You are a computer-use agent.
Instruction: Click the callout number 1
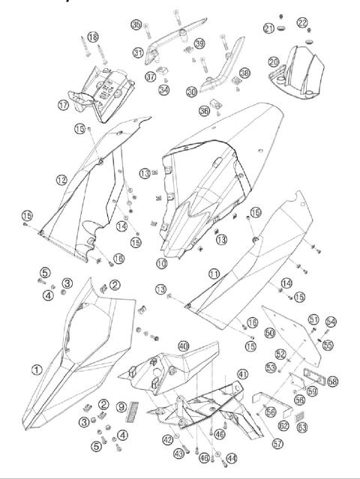35,369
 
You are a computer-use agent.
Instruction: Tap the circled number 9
122,408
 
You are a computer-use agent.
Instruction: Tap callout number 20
274,61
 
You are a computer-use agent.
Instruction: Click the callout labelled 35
136,25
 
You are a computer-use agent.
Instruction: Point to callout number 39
199,43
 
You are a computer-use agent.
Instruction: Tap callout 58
332,382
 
